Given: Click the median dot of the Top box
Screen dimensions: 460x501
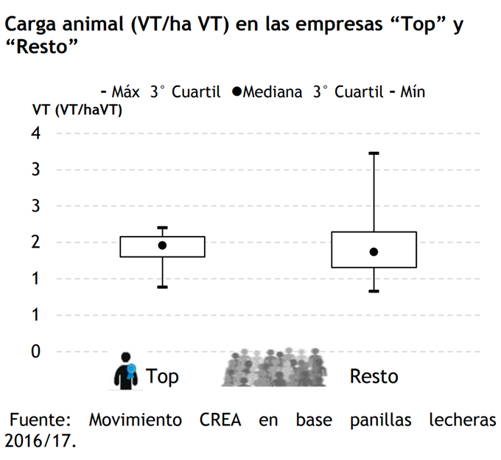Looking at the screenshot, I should click(x=162, y=245).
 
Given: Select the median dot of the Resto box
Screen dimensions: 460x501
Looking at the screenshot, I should click(x=374, y=252).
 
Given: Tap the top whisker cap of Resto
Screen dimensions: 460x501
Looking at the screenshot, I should click(x=374, y=153).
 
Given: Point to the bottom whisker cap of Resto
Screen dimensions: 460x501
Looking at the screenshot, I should click(x=374, y=291).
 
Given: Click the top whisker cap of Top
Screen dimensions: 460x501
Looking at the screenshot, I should click(x=162, y=228).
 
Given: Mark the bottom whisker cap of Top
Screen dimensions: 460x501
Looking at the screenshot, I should click(x=162, y=287).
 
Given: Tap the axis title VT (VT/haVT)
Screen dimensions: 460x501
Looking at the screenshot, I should click(x=77, y=111).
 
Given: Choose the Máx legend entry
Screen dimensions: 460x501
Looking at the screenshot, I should click(x=121, y=92).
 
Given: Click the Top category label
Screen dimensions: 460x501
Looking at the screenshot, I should click(x=162, y=376).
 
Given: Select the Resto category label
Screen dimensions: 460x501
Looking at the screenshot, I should click(x=374, y=376).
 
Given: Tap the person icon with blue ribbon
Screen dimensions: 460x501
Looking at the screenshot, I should click(x=126, y=370).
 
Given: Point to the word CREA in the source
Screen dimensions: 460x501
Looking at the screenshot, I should click(x=220, y=420).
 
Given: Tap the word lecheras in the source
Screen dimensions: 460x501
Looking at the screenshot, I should click(x=462, y=420).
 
